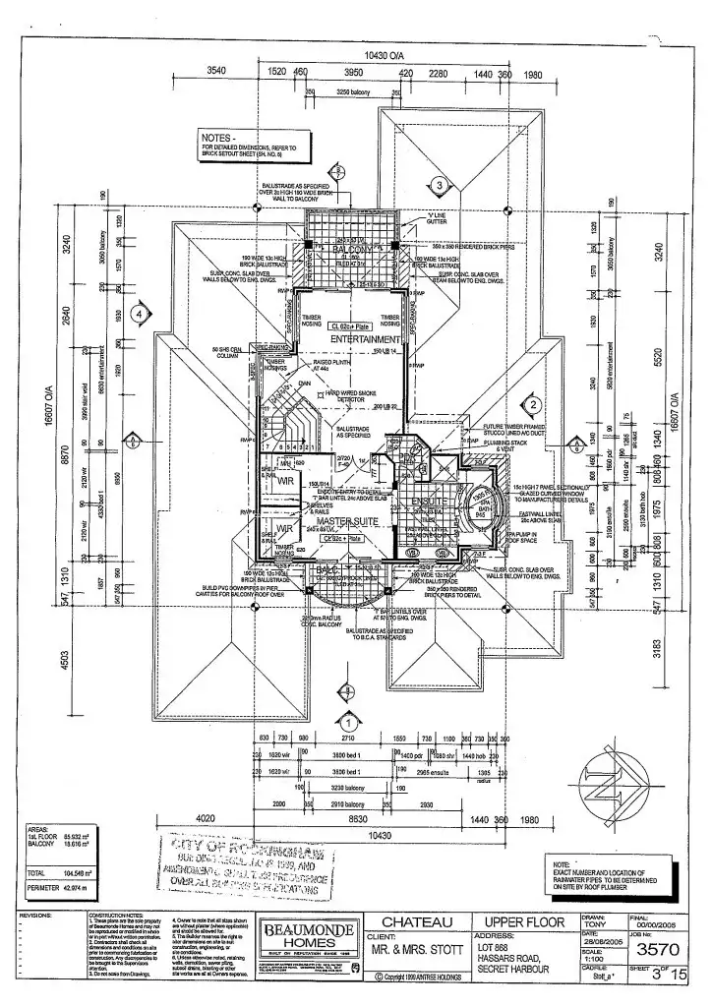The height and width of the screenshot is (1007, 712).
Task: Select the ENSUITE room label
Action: coord(430,501)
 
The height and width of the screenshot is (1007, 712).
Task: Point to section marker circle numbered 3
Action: coord(441,184)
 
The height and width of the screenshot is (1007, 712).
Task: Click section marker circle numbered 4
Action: coord(142,314)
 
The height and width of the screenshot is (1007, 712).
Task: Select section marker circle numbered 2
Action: coord(531,404)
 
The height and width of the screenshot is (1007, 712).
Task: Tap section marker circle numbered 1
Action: coord(345,699)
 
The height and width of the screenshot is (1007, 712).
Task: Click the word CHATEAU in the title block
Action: coord(416,922)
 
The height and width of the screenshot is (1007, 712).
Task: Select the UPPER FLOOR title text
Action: coord(524,922)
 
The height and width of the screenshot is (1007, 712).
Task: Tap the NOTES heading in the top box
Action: coord(218,137)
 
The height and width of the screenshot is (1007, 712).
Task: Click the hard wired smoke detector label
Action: coord(350,396)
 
